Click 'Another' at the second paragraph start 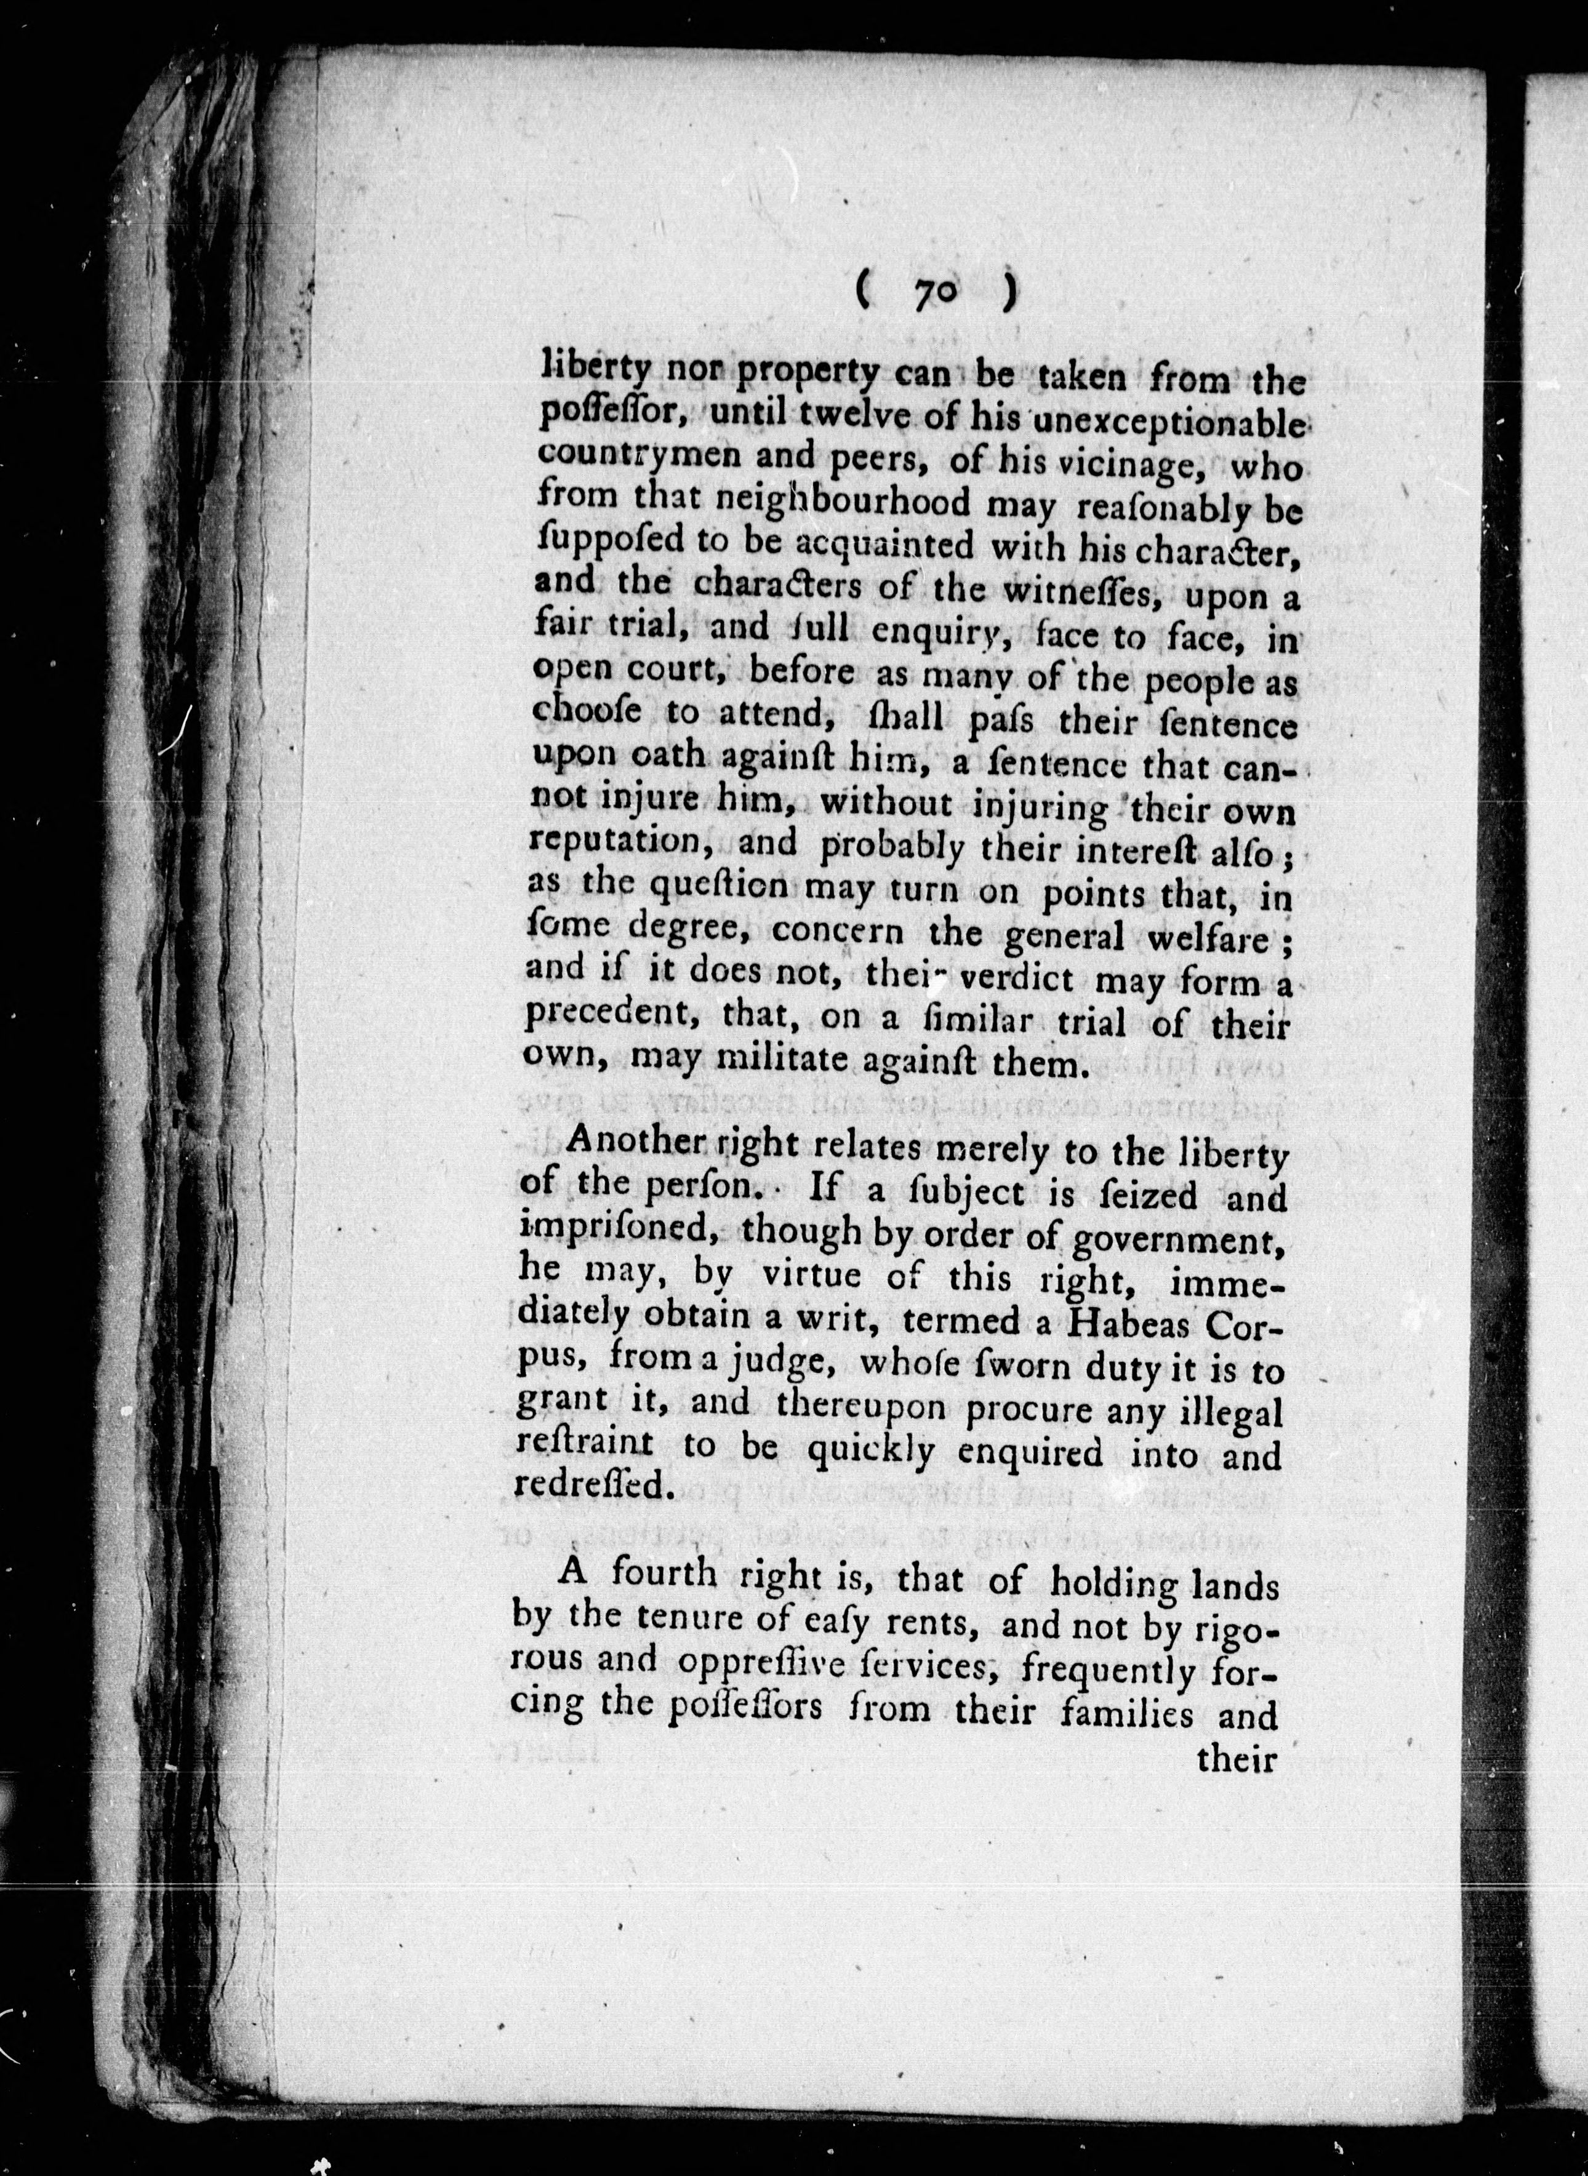(636, 1148)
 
